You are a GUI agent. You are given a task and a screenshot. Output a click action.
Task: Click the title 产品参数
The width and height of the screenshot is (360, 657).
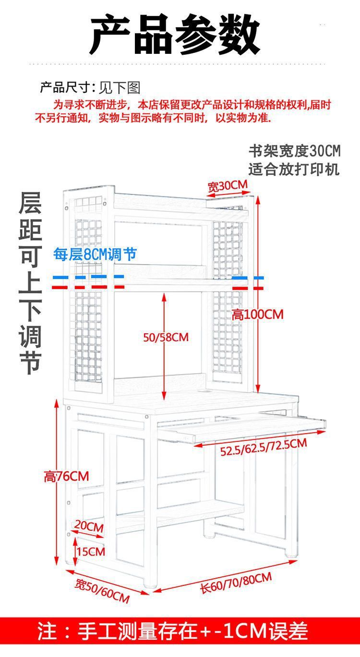point(175,35)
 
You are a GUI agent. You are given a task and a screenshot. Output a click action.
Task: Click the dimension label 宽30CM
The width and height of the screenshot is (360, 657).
point(228,186)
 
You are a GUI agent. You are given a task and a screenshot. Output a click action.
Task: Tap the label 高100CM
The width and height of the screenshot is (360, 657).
point(258,315)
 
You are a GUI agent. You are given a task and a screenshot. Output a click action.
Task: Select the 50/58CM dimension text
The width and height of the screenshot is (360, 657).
point(166,337)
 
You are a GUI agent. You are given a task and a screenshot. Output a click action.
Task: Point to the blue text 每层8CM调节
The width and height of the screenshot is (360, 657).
point(95,254)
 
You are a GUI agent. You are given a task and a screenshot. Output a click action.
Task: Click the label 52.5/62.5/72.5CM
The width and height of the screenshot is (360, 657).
point(264,448)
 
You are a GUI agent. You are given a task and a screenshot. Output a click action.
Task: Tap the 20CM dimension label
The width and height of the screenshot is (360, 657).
point(89,526)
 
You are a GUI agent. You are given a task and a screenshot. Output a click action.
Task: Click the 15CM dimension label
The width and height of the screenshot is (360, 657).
point(90,551)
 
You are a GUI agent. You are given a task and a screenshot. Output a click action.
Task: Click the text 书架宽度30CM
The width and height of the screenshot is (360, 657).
point(294,151)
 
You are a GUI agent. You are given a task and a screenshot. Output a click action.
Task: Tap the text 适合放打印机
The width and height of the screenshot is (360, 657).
point(294,169)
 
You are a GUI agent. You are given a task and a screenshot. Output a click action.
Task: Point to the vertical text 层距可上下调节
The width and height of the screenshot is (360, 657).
point(30,283)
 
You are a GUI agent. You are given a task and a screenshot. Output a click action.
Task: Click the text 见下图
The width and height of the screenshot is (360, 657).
point(120,88)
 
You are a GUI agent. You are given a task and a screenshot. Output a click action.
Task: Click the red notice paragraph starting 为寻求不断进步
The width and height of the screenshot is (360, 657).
point(183,111)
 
